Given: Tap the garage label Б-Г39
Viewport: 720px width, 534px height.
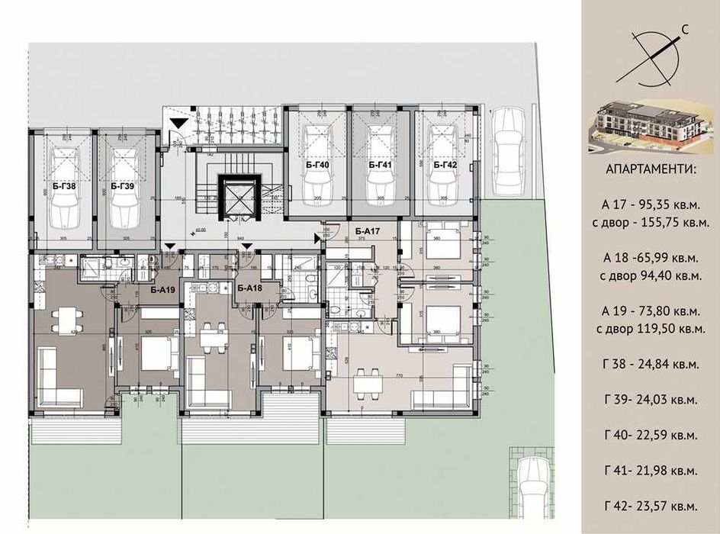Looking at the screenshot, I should (x=122, y=185).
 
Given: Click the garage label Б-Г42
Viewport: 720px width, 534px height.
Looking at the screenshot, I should (x=445, y=165).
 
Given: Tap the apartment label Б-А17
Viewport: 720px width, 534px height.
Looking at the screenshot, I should (x=367, y=230).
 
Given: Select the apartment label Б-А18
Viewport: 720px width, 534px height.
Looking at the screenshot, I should (x=249, y=288).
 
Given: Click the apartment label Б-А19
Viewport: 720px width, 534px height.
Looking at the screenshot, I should (x=162, y=290).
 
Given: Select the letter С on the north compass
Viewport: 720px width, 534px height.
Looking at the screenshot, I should (x=686, y=31).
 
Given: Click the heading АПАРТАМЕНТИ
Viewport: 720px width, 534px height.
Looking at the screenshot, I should (x=650, y=169).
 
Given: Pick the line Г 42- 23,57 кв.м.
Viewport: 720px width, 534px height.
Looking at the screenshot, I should (x=650, y=506).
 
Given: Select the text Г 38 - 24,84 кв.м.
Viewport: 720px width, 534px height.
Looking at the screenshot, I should (x=650, y=371).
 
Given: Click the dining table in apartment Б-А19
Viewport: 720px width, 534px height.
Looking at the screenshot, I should (x=65, y=315).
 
